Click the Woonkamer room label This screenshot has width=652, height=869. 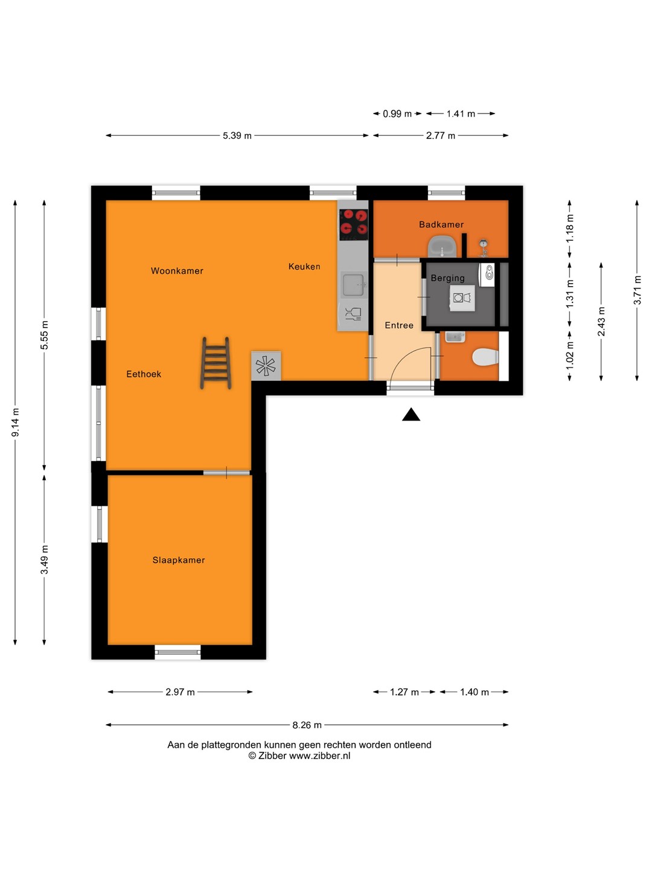(x=177, y=271)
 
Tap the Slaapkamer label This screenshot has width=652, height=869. (x=179, y=560)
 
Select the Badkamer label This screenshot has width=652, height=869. (x=441, y=224)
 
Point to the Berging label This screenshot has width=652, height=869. (x=447, y=278)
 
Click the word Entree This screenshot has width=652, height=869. (x=399, y=325)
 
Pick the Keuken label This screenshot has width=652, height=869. (x=304, y=267)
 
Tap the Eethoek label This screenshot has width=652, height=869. (x=144, y=374)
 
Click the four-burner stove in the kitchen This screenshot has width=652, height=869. (x=354, y=224)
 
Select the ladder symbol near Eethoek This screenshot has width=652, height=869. (x=216, y=363)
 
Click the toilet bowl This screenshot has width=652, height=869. (x=485, y=357)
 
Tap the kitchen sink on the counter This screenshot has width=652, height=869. (x=354, y=285)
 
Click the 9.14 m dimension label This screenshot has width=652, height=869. (x=16, y=422)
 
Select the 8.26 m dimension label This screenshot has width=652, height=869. (x=307, y=725)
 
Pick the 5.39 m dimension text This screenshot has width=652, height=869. (x=237, y=136)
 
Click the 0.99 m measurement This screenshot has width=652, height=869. (x=397, y=114)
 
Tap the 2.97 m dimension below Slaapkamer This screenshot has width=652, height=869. (x=180, y=692)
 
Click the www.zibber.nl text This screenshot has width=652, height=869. (x=319, y=756)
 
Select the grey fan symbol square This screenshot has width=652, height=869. (x=266, y=366)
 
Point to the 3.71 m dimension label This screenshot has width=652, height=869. (x=637, y=290)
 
